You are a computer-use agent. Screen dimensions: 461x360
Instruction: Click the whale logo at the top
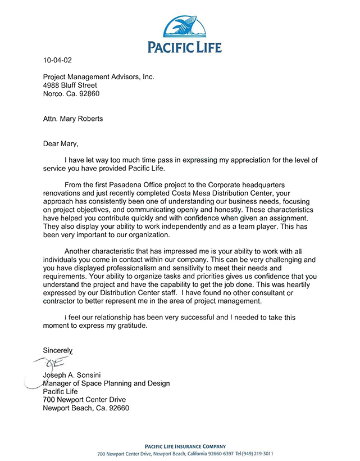[185, 26]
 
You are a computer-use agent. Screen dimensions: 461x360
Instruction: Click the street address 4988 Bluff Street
[74, 85]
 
